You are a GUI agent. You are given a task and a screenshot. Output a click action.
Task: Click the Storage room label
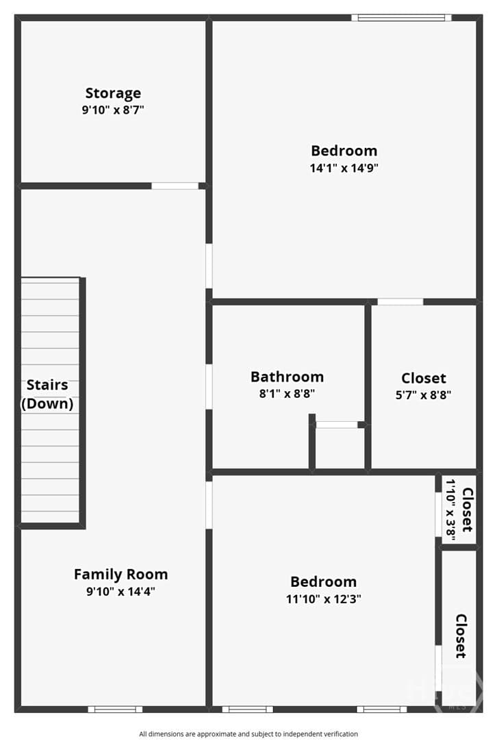(x=113, y=94)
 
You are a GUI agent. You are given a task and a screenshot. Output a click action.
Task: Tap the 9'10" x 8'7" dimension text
(x=113, y=110)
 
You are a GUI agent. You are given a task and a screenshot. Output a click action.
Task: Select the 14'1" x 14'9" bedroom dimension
(x=344, y=168)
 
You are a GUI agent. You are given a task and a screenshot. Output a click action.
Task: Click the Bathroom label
(x=288, y=377)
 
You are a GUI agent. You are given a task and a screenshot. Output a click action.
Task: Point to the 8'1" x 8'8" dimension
(x=288, y=393)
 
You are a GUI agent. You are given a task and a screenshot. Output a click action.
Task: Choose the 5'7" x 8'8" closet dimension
(x=423, y=394)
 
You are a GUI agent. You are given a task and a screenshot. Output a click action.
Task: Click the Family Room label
(x=121, y=574)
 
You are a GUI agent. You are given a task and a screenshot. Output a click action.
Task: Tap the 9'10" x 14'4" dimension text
(x=121, y=591)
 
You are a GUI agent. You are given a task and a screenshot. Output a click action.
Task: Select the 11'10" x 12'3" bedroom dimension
(x=324, y=599)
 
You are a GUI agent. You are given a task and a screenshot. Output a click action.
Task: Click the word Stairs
(x=47, y=385)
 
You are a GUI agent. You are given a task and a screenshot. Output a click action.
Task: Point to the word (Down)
(x=47, y=403)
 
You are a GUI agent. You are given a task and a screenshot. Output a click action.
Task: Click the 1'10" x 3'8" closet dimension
(x=450, y=510)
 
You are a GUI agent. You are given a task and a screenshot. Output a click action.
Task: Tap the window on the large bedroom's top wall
(x=401, y=18)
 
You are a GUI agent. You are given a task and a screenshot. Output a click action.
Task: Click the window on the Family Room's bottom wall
(x=115, y=709)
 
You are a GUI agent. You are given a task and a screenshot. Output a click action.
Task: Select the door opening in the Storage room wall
(x=175, y=186)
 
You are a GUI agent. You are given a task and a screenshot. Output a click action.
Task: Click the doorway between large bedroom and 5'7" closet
(x=400, y=301)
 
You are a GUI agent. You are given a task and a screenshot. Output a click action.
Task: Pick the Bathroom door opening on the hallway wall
(x=209, y=386)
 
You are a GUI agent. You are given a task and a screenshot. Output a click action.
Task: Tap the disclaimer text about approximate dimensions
(x=248, y=734)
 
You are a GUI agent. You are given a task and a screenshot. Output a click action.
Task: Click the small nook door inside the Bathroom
(x=336, y=425)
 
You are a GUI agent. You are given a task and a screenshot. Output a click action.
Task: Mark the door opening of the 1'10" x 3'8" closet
(x=438, y=514)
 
